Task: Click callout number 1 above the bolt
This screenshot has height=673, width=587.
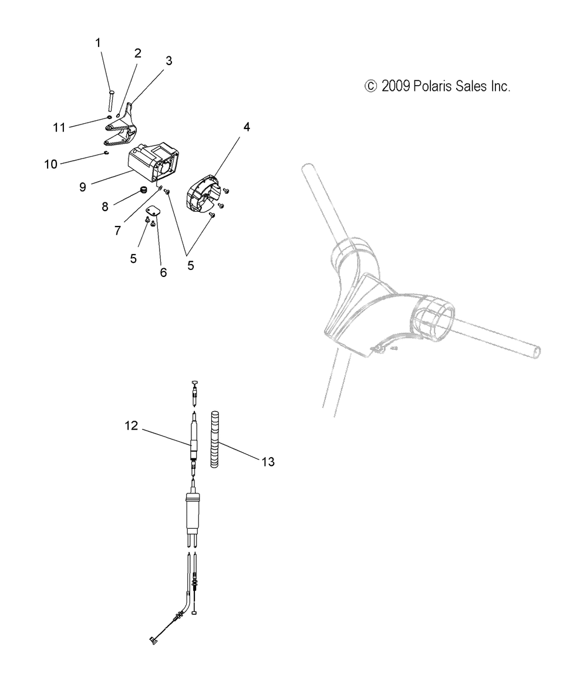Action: pos(98,43)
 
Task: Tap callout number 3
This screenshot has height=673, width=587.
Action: pos(168,61)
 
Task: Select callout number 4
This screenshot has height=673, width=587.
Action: pos(247,127)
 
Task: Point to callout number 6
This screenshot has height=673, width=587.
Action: pos(163,273)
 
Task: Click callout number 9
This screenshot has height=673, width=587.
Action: pos(82,187)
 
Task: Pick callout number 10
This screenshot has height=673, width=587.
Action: pos(50,164)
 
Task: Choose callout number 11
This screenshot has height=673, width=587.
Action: pos(59,127)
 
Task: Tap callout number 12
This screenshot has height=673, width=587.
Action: pos(131,425)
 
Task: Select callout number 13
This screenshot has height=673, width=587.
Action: pos(268,462)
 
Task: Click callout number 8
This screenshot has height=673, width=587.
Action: pos(104,207)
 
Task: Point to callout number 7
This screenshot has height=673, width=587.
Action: pos(117,231)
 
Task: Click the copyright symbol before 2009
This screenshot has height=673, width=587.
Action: pos(370,86)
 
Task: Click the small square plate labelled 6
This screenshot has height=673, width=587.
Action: pos(153,210)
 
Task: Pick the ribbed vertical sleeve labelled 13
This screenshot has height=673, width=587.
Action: pos(215,439)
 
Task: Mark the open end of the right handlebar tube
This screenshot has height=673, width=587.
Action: pos(537,351)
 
